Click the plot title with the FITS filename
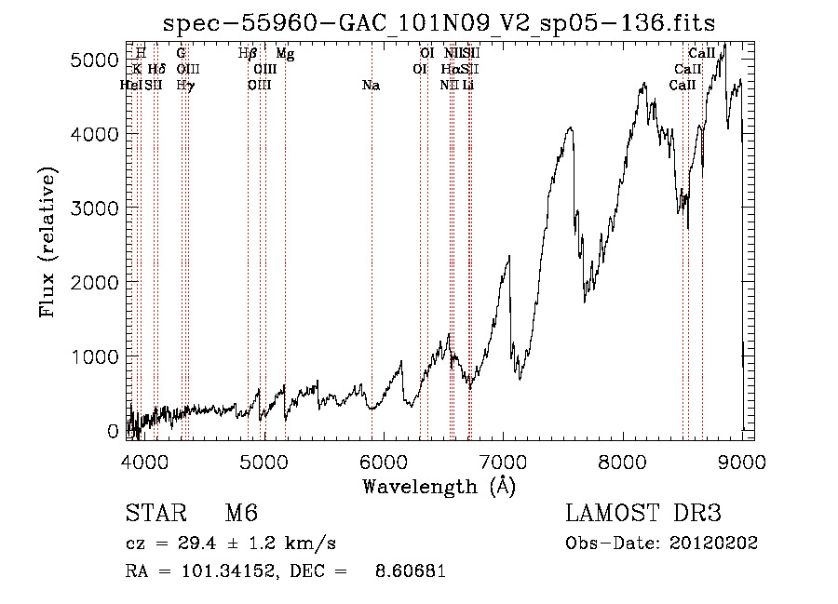(439, 23)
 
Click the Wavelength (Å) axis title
(439, 486)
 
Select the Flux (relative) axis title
(47, 243)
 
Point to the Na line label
(371, 86)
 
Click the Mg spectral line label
(286, 54)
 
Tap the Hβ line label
(247, 54)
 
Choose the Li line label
(468, 86)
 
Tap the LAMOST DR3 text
(642, 514)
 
